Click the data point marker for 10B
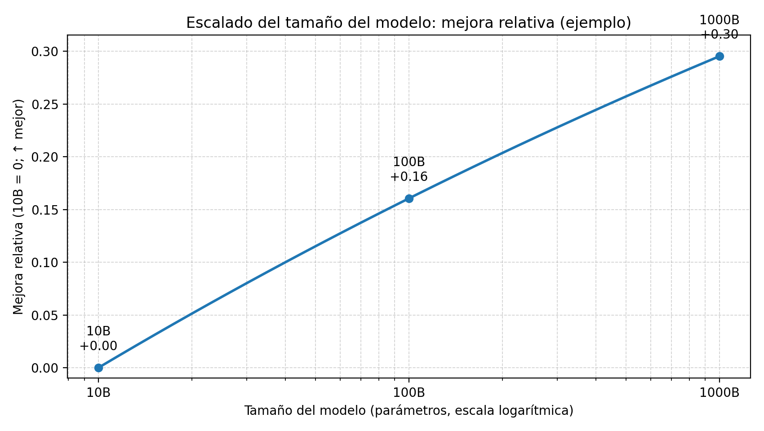(98, 368)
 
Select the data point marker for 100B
(409, 198)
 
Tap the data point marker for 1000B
(720, 56)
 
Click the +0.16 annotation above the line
(409, 177)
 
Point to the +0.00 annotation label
(98, 346)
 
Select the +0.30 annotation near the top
(720, 35)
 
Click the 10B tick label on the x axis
(98, 392)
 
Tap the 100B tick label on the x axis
(409, 392)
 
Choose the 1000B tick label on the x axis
(720, 392)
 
